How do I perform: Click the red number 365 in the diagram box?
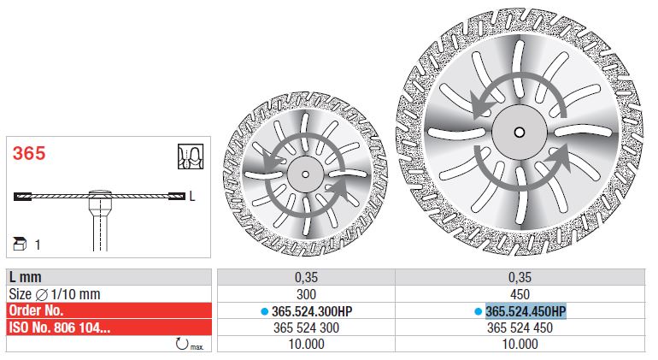(28, 153)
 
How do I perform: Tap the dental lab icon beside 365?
(191, 156)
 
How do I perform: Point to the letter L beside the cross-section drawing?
(192, 196)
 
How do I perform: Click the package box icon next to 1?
(20, 244)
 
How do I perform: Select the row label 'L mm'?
(25, 277)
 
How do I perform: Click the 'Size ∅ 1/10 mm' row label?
(55, 294)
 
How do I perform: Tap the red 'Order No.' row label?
(36, 310)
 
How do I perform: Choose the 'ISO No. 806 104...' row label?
(60, 328)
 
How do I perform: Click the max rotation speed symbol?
(189, 344)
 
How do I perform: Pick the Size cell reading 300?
(306, 294)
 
